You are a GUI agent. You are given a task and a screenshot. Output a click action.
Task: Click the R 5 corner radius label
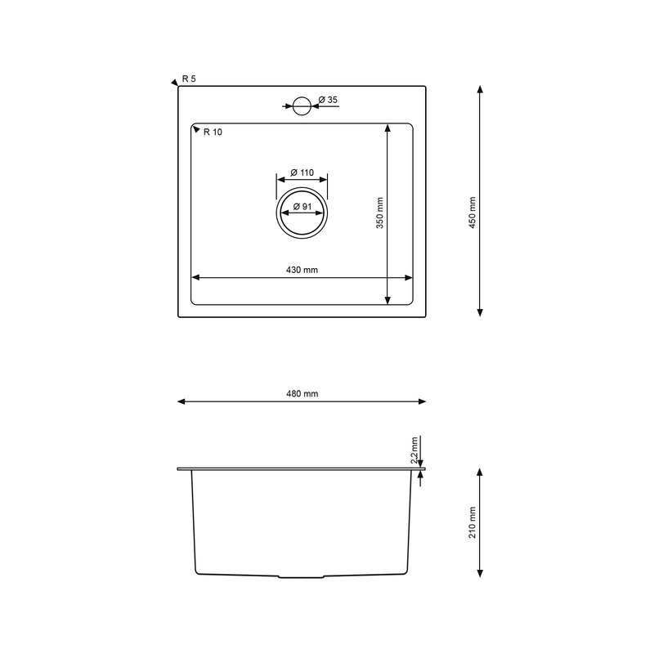189,78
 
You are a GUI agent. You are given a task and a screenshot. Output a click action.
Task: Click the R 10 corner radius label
213,132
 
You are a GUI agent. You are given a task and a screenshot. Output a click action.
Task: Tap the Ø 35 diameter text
328,100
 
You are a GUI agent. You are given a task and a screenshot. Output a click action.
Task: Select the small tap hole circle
302,105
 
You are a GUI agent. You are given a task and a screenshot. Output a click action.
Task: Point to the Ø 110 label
302,172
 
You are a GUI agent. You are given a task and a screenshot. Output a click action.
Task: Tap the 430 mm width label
302,271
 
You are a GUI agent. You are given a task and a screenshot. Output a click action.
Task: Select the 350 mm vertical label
380,213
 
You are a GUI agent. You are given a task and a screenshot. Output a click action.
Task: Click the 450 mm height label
472,213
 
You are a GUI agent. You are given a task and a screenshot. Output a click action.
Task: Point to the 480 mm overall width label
302,394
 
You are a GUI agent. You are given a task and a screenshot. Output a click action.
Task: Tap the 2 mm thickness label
414,449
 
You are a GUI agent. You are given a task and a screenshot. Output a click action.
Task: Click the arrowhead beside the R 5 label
174,82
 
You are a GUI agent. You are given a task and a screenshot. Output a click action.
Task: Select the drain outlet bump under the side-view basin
302,577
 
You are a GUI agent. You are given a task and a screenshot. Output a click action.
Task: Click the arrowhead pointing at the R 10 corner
196,129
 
